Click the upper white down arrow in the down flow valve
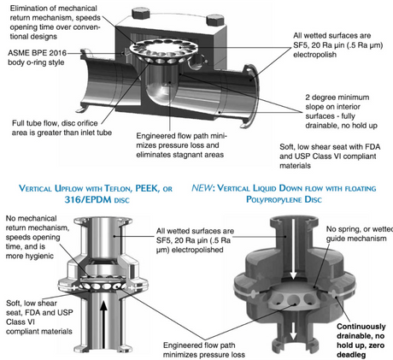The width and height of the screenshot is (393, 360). click(x=293, y=249)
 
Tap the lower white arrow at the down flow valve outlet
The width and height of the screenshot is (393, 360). click(x=293, y=331)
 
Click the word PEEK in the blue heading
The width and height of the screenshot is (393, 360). click(x=147, y=188)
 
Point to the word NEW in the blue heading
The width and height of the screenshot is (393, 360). click(x=202, y=188)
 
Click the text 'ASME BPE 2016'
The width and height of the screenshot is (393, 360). click(x=37, y=53)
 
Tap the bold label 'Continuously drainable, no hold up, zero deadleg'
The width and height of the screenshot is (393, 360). click(x=361, y=340)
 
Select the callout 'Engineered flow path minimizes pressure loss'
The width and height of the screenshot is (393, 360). click(x=203, y=350)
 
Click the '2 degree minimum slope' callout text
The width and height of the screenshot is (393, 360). click(x=341, y=111)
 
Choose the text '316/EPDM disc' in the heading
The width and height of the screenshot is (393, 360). click(x=97, y=199)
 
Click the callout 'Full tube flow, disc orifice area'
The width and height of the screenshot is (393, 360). click(x=62, y=127)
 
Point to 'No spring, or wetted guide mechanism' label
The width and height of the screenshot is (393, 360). click(x=360, y=233)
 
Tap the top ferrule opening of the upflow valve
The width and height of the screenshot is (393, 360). click(x=103, y=221)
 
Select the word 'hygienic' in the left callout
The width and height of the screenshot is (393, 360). click(x=40, y=256)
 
